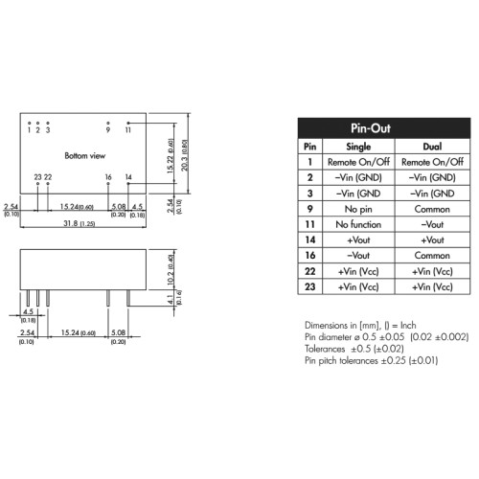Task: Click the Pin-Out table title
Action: pyautogui.click(x=371, y=128)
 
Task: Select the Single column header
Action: pyautogui.click(x=358, y=147)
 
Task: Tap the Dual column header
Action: pyautogui.click(x=432, y=147)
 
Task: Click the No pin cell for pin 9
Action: pyautogui.click(x=358, y=209)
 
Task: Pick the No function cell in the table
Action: pyautogui.click(x=358, y=224)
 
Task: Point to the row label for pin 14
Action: pyautogui.click(x=310, y=239)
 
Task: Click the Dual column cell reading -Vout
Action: pyautogui.click(x=432, y=224)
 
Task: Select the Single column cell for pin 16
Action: pyautogui.click(x=358, y=256)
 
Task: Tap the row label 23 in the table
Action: pyautogui.click(x=310, y=286)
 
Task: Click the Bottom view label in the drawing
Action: pyautogui.click(x=85, y=156)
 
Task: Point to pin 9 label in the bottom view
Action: pyautogui.click(x=108, y=129)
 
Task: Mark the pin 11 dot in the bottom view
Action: pyautogui.click(x=128, y=123)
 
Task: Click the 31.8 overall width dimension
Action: pyautogui.click(x=79, y=223)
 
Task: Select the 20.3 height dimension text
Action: pyautogui.click(x=185, y=155)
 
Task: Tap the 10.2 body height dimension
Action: pyautogui.click(x=171, y=270)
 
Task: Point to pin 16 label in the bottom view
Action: pyautogui.click(x=108, y=177)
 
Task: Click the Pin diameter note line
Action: pyautogui.click(x=386, y=337)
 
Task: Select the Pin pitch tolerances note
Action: pyautogui.click(x=371, y=360)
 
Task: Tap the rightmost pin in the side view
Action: pyautogui.click(x=128, y=298)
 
